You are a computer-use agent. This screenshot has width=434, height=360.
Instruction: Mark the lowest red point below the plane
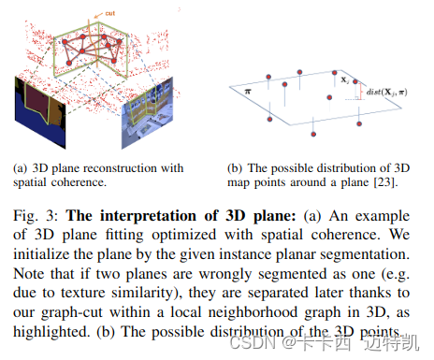[x=270, y=119]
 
